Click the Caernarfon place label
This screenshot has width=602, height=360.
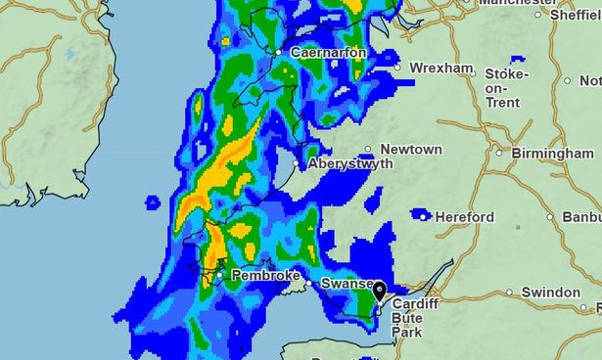(x=328, y=52)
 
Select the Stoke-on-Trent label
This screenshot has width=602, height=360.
(x=506, y=88)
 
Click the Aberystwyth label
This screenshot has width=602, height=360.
(x=350, y=164)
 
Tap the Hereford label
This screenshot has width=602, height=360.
(x=465, y=217)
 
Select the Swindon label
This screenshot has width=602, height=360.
(x=550, y=292)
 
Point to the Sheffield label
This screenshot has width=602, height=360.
(x=575, y=15)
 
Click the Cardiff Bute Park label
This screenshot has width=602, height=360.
(x=411, y=318)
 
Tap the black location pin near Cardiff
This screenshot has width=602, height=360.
(x=379, y=292)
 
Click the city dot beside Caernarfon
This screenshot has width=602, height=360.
(x=279, y=52)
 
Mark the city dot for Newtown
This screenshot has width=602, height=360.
(x=369, y=150)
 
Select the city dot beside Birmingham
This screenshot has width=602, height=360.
(x=499, y=153)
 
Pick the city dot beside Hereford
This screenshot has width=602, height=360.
(x=427, y=217)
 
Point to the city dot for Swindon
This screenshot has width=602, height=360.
(x=509, y=292)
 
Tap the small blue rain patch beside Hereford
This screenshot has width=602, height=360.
(x=420, y=212)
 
